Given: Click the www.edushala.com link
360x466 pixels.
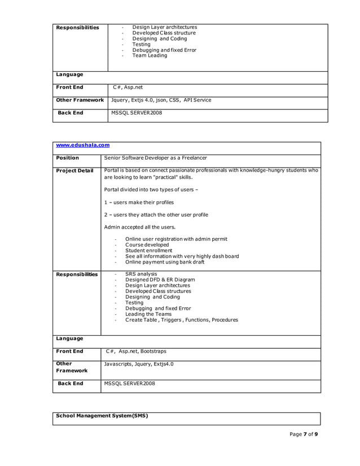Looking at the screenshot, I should coord(82,146).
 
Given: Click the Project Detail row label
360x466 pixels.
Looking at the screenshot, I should coord(75,170).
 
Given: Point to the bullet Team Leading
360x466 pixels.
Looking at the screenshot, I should coord(150,56).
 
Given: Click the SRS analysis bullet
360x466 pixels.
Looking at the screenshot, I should coord(141,274).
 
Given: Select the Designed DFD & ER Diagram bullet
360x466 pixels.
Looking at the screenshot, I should coord(160,280).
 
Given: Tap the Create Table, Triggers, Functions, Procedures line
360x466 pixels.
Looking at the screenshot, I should coord(181,320).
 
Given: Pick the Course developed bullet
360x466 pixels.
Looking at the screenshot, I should coord(147,245).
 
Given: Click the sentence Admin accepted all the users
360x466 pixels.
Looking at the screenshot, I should coord(140,227).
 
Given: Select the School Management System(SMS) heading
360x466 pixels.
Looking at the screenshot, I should coord(102,416).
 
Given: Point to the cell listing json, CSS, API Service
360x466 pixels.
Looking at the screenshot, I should coord(161,100).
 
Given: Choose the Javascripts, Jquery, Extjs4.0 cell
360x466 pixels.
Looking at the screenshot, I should coord(139,364).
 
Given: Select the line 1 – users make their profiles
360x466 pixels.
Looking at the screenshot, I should coord(139,202).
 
